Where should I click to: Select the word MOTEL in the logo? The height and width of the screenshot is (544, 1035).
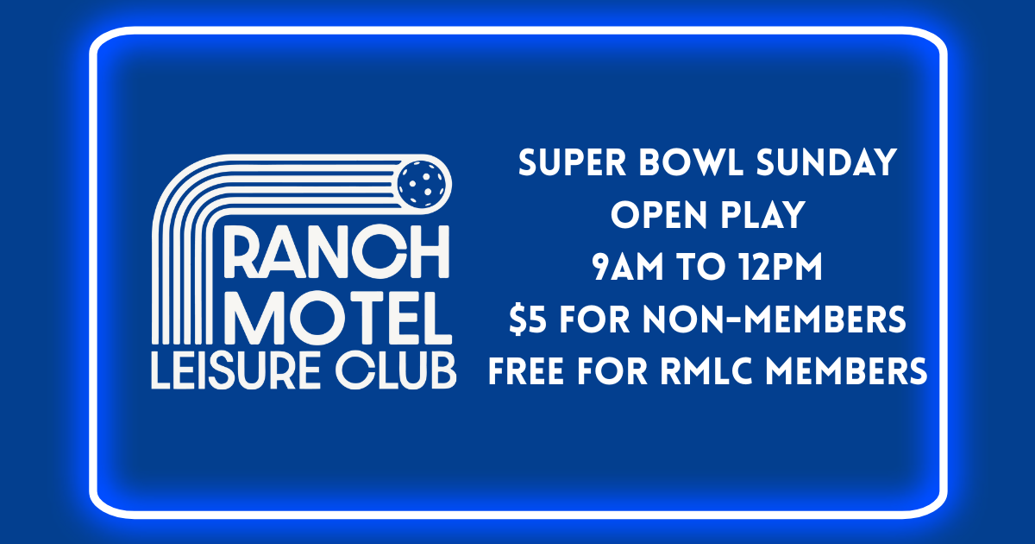[343, 319]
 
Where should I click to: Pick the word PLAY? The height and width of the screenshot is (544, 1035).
[770, 216]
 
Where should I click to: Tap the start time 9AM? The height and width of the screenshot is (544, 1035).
[630, 269]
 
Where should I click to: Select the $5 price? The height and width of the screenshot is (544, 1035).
[525, 320]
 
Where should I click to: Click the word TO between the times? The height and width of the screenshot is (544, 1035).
[700, 269]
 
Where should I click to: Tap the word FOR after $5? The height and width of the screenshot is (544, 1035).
[591, 320]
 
